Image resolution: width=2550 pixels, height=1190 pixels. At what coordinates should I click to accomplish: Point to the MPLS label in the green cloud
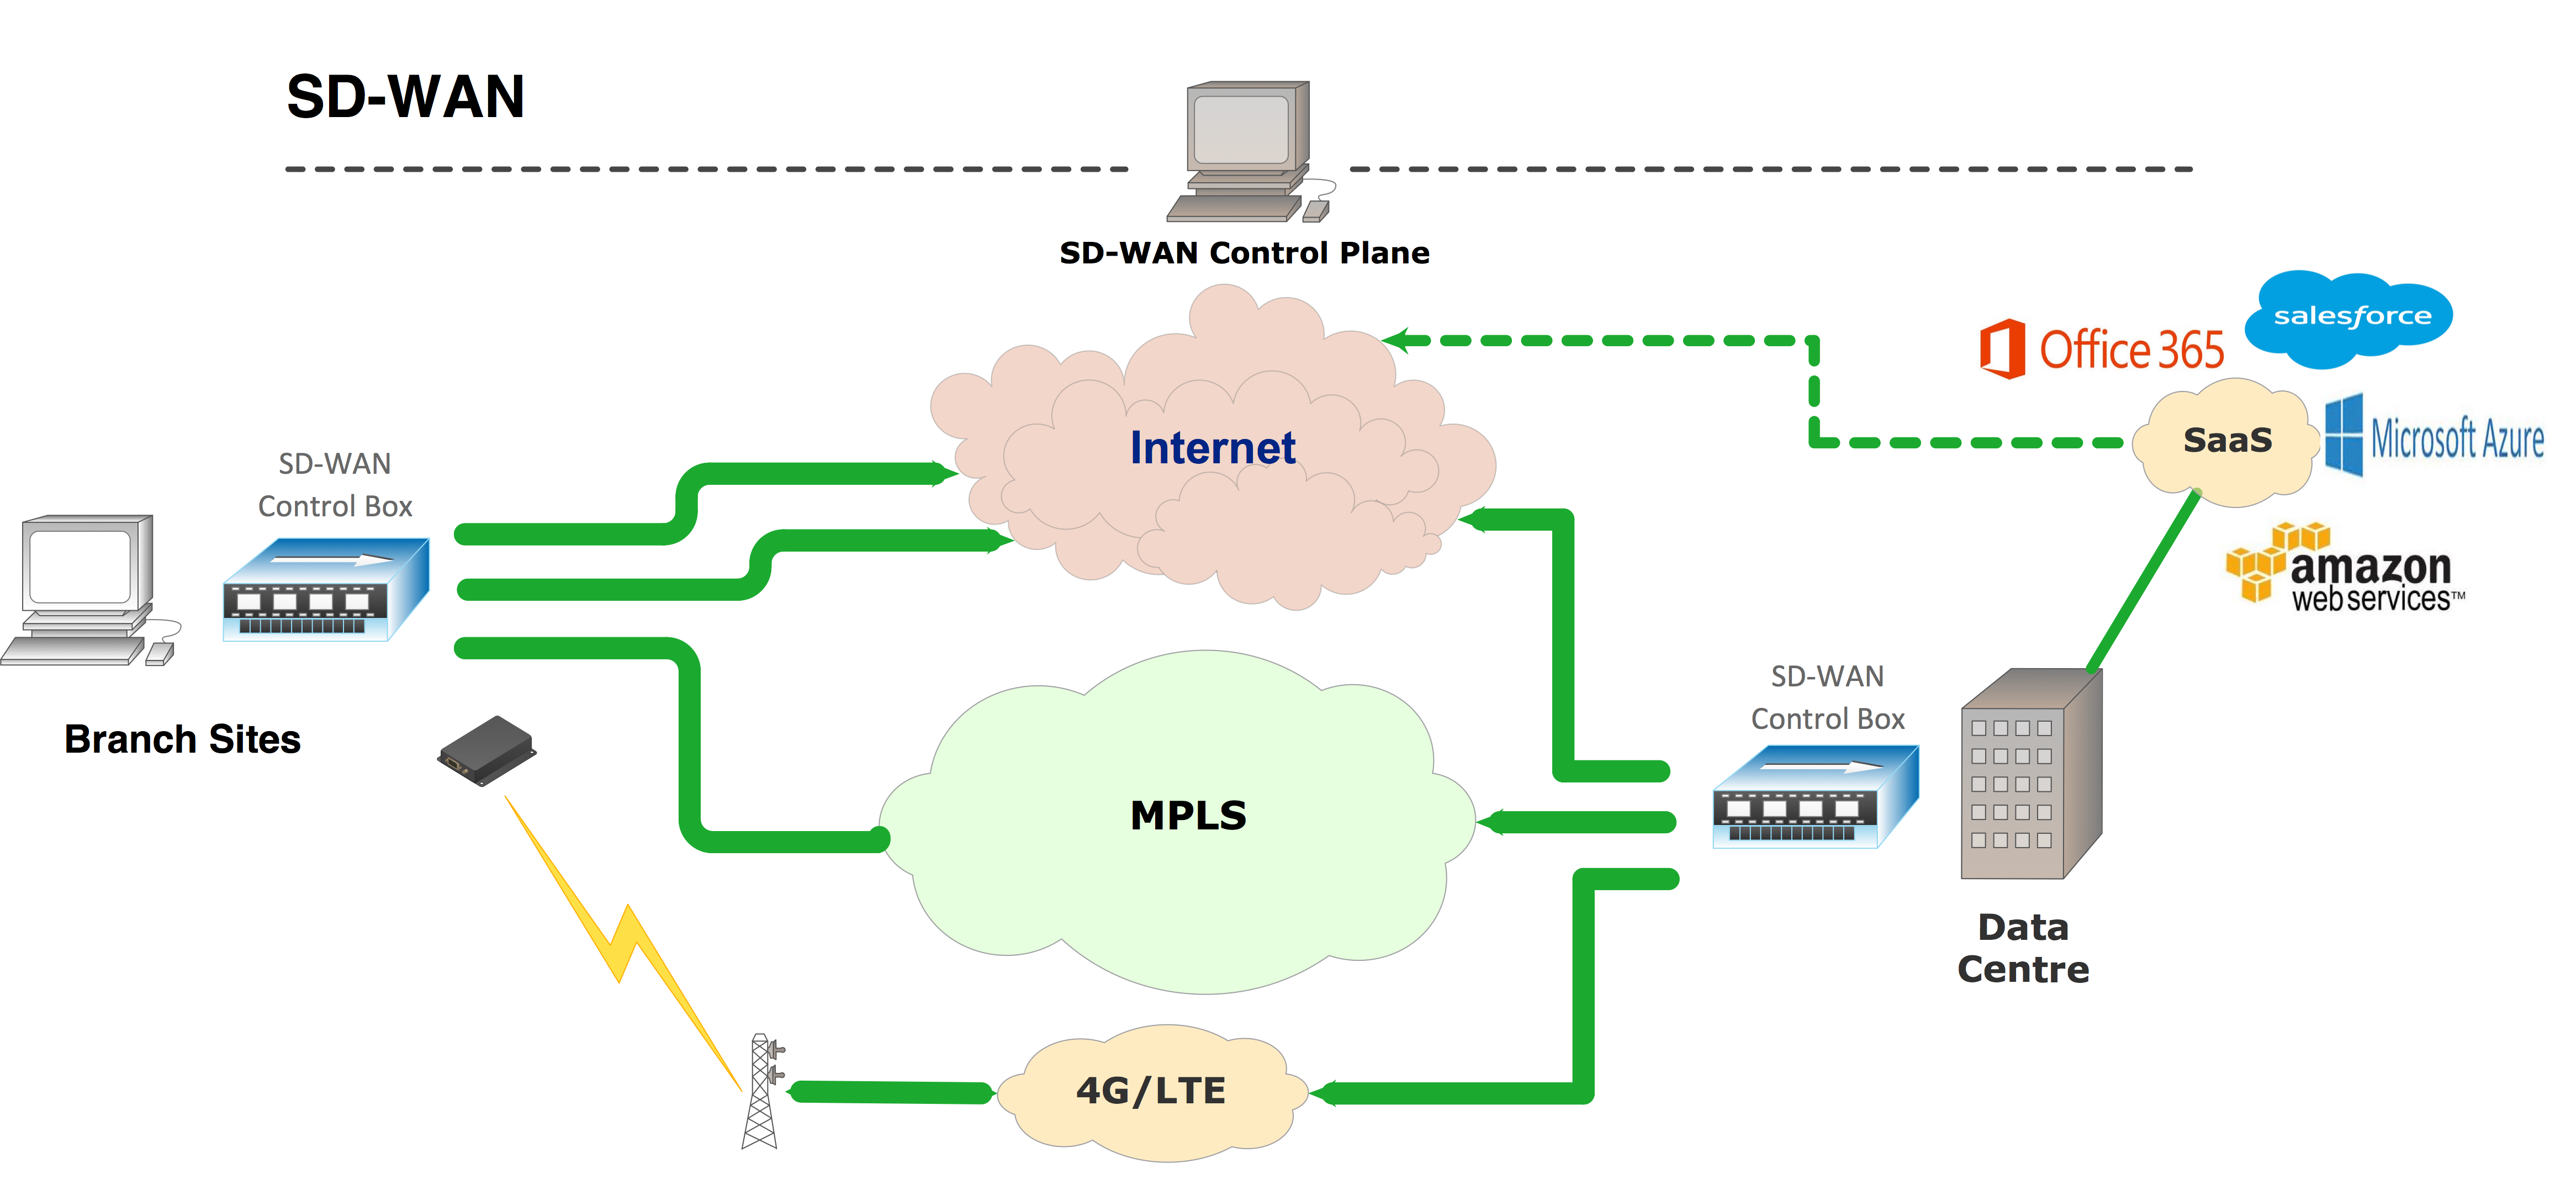[1188, 816]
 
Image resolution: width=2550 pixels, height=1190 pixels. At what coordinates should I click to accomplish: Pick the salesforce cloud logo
[2352, 317]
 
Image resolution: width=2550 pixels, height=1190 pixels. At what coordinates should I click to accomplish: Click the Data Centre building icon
[2029, 776]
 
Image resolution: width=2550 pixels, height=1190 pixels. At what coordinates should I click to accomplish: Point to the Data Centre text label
[2023, 949]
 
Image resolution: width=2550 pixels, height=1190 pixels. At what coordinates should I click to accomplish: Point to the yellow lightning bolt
[623, 940]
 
